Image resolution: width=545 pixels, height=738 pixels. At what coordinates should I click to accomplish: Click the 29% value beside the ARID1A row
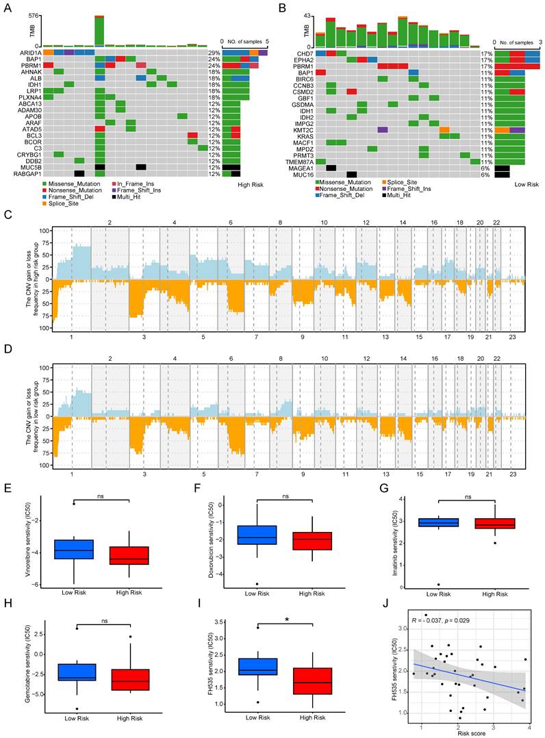tap(213, 52)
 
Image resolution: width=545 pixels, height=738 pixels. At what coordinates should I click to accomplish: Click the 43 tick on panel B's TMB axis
tap(308, 15)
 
